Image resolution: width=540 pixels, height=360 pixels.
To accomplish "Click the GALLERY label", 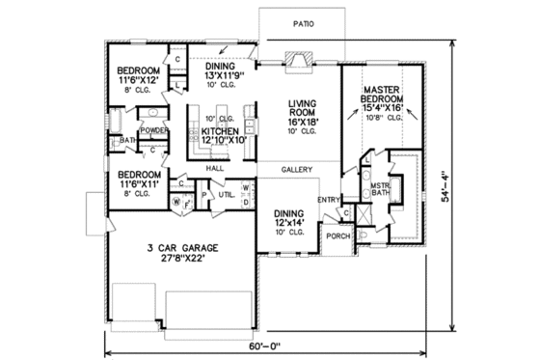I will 297,169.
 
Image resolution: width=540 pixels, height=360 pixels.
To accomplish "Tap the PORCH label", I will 337,235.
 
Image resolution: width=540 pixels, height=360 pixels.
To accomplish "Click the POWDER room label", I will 154,129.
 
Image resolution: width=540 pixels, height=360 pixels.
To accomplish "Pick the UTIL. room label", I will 228,194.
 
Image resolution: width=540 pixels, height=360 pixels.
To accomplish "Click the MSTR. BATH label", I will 380,188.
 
